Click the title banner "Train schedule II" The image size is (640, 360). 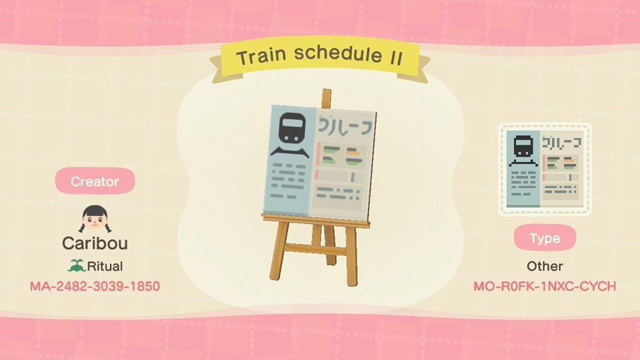[319, 57]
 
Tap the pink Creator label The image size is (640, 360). [95, 181]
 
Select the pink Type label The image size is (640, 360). [544, 238]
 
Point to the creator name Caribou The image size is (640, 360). [95, 243]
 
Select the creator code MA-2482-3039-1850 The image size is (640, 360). [95, 287]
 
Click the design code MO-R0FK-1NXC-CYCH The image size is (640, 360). [544, 287]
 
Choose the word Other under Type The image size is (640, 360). [544, 266]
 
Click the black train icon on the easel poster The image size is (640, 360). [290, 129]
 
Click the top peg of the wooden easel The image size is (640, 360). [326, 98]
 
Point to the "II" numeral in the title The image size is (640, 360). [395, 57]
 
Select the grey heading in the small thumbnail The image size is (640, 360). [562, 142]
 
